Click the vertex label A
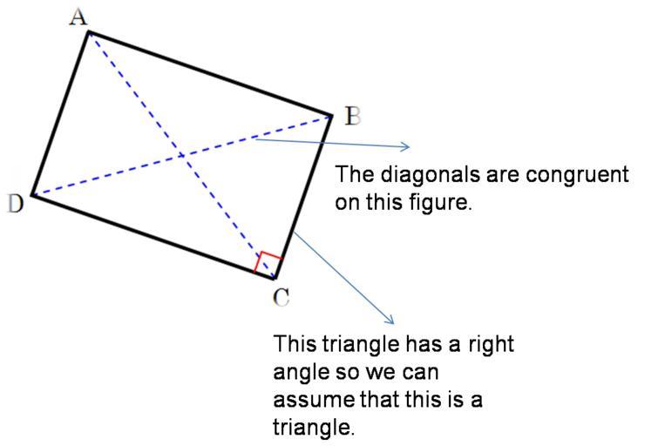[79, 16]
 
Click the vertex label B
[351, 116]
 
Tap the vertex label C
[281, 297]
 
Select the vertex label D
[15, 204]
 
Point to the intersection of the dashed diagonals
[181, 156]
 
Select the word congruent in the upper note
[577, 174]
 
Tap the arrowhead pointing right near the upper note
[405, 146]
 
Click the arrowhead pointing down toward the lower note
[391, 321]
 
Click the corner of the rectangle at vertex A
[89, 32]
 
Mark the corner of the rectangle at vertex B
[331, 115]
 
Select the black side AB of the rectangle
[210, 73]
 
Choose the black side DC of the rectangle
[153, 236]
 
